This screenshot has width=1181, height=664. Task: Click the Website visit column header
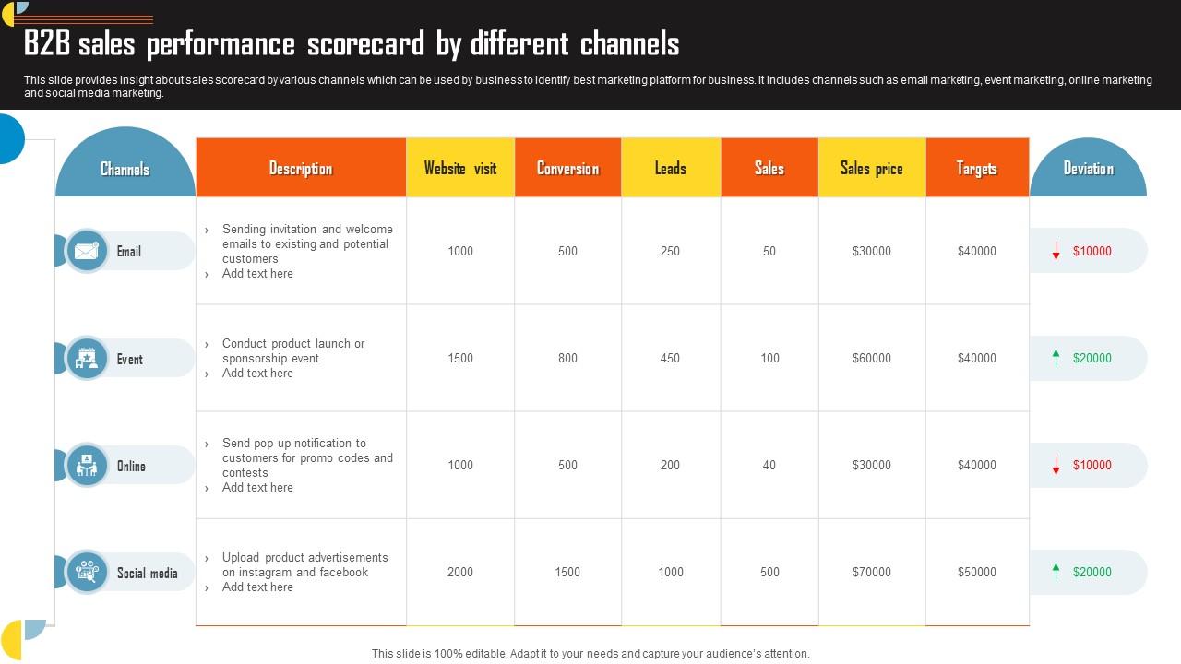(x=460, y=168)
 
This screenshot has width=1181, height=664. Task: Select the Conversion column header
(x=567, y=168)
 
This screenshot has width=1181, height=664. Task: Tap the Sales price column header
(x=872, y=168)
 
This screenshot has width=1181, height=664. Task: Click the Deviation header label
(x=1088, y=168)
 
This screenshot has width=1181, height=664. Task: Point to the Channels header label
(x=125, y=169)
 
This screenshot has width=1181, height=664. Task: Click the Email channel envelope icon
(x=87, y=251)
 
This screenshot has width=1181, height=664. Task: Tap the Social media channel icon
(x=87, y=572)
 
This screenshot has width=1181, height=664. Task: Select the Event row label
(x=129, y=359)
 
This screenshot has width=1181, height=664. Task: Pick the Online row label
(x=131, y=466)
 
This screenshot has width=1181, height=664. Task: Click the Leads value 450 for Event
(x=670, y=358)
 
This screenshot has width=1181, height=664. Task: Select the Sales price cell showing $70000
(x=872, y=572)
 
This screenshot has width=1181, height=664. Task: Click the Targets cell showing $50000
(x=976, y=572)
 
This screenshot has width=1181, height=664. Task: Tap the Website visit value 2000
(x=460, y=572)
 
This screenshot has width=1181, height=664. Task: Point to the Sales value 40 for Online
(x=769, y=465)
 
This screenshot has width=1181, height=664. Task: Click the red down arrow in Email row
(x=1056, y=251)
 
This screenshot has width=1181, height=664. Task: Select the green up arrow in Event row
(x=1056, y=358)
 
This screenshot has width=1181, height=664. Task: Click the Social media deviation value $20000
(x=1092, y=572)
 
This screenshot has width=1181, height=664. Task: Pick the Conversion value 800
(x=567, y=358)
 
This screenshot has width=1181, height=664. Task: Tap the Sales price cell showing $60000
(x=872, y=358)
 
